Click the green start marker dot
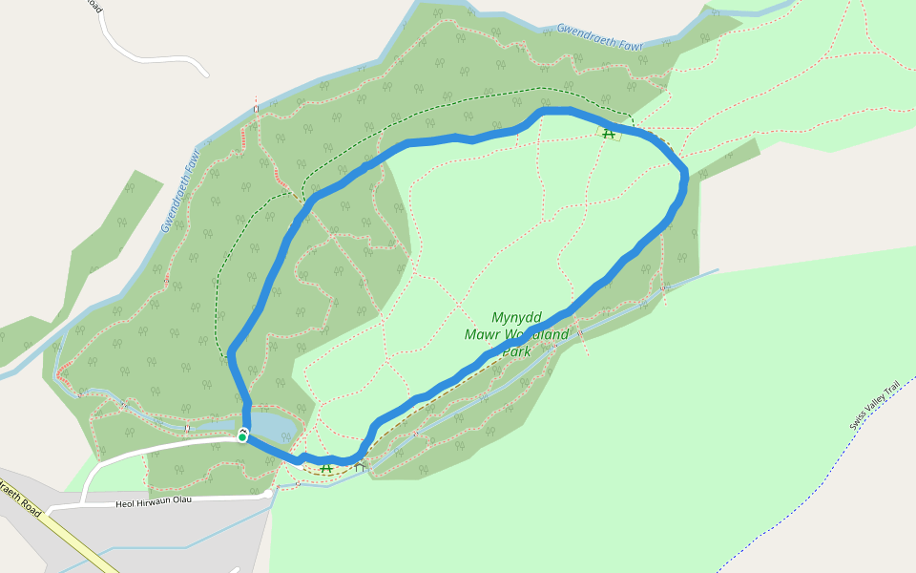click(242, 436)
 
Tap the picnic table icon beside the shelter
click(326, 468)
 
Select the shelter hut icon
click(360, 467)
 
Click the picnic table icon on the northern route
click(609, 134)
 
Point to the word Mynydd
click(516, 317)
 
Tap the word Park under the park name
click(516, 351)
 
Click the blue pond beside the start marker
click(277, 426)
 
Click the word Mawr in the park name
click(483, 334)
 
